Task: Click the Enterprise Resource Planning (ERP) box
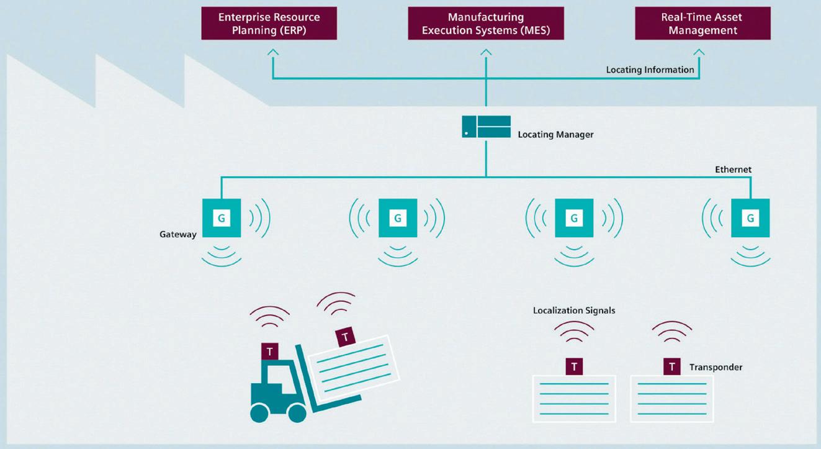click(x=269, y=23)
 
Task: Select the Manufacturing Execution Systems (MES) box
click(x=486, y=23)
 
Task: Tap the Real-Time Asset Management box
click(x=702, y=23)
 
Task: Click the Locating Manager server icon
click(x=486, y=127)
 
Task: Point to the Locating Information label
click(x=650, y=70)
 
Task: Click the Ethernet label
click(x=733, y=170)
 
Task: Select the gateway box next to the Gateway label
click(x=222, y=218)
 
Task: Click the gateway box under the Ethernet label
click(x=750, y=218)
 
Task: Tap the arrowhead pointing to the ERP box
click(x=272, y=52)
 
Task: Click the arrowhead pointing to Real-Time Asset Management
click(x=699, y=52)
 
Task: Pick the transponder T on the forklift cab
click(x=270, y=351)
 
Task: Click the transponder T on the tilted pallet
click(x=345, y=337)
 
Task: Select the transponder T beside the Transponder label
click(x=672, y=366)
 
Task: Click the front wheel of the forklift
click(x=297, y=413)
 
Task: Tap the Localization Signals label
click(x=574, y=311)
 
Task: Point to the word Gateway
click(x=177, y=234)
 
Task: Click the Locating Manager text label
click(x=555, y=135)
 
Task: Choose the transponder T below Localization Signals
click(x=574, y=366)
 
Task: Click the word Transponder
click(x=716, y=367)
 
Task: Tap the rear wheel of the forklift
click(x=259, y=413)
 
